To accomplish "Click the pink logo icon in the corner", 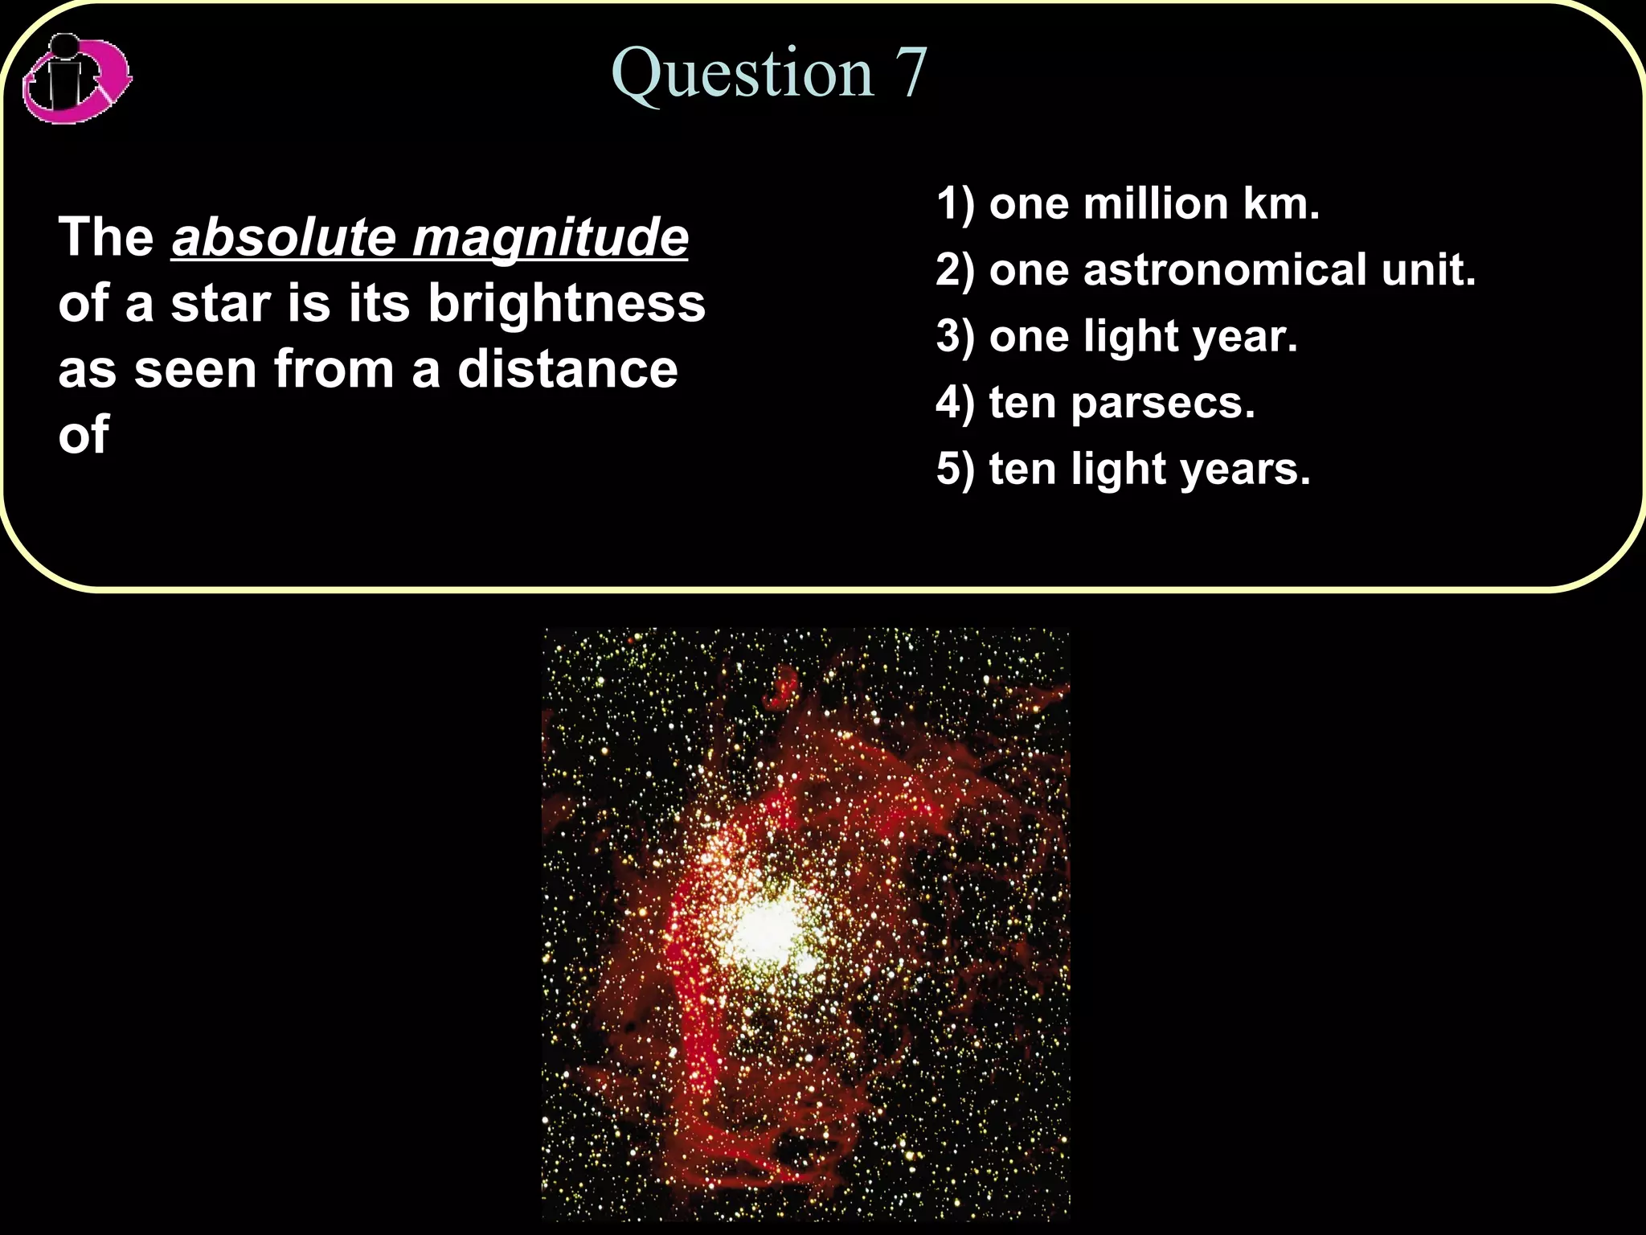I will pos(76,79).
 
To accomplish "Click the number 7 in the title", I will pos(911,74).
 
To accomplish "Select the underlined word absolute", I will pos(284,237).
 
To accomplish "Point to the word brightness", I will pos(567,303).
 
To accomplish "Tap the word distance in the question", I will pos(567,369).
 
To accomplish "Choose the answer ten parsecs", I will pos(1121,402).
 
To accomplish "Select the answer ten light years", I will pos(1149,468).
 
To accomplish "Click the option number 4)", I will pos(954,402).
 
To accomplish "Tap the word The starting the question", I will pos(106,237).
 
